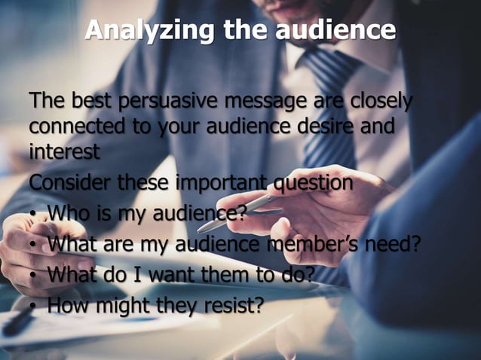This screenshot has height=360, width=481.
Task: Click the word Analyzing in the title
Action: point(134,30)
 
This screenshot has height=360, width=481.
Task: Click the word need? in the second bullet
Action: point(392,244)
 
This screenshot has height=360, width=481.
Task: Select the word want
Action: point(173,275)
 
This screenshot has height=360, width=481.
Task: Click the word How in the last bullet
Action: point(69,305)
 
